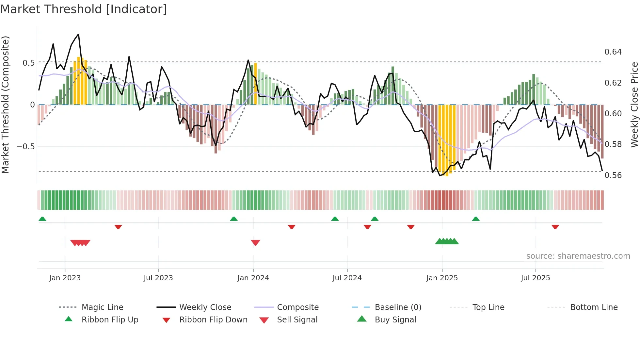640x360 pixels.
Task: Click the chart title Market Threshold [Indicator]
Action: click(x=84, y=9)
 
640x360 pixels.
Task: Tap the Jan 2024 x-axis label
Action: click(x=253, y=278)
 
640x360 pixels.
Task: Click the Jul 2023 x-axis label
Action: click(x=158, y=278)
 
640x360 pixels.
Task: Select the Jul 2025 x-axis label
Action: click(x=536, y=278)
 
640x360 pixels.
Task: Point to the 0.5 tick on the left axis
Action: click(x=29, y=63)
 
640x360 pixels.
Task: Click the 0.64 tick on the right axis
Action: click(x=613, y=52)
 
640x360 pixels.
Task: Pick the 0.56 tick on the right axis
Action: click(x=613, y=175)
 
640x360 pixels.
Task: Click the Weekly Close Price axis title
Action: click(x=634, y=105)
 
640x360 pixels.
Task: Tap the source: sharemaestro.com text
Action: click(x=578, y=256)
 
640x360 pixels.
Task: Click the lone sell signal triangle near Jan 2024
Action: click(x=255, y=243)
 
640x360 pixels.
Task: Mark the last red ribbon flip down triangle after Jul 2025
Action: click(x=555, y=227)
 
